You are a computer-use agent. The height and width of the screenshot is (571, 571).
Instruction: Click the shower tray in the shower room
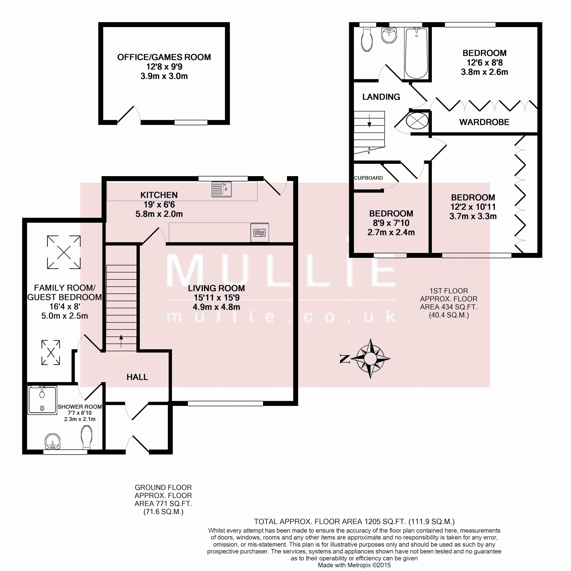[42, 400]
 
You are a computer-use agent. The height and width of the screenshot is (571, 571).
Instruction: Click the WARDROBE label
[484, 122]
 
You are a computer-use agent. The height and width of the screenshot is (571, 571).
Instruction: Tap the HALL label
[137, 377]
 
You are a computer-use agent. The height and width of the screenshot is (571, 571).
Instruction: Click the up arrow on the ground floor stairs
[121, 341]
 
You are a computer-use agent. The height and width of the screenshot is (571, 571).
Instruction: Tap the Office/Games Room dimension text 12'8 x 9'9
[164, 66]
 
